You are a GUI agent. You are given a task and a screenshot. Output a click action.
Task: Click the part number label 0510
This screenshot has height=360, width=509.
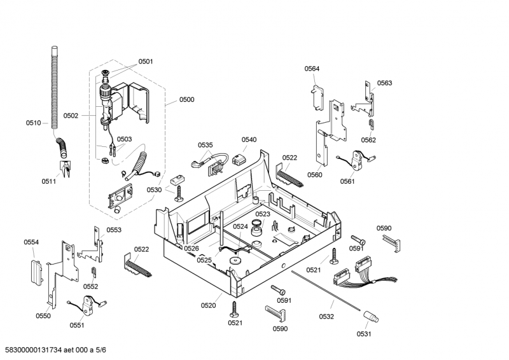tap(33, 123)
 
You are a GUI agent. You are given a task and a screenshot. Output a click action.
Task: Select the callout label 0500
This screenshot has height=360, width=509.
tap(186, 99)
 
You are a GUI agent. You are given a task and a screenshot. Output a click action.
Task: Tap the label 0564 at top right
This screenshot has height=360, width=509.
tap(312, 69)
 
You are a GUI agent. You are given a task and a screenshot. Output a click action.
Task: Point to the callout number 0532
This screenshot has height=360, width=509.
tap(326, 316)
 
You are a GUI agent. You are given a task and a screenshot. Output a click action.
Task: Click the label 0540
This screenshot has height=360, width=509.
tap(249, 140)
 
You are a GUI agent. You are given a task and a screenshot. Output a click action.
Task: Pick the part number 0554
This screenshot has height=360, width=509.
tap(31, 242)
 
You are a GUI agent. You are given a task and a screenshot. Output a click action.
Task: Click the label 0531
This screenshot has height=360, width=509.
tap(363, 334)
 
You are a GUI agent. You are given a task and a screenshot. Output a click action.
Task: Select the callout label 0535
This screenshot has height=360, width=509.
tap(205, 145)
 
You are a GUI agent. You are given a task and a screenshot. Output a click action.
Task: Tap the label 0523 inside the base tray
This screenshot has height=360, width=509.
tap(263, 214)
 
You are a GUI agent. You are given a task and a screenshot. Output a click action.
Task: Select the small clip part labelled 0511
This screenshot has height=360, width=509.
tap(65, 168)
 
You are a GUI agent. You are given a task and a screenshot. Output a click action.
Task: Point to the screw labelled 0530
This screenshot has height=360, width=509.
tap(179, 192)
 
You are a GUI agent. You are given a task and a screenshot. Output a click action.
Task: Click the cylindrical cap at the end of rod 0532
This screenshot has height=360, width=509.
tap(370, 316)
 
